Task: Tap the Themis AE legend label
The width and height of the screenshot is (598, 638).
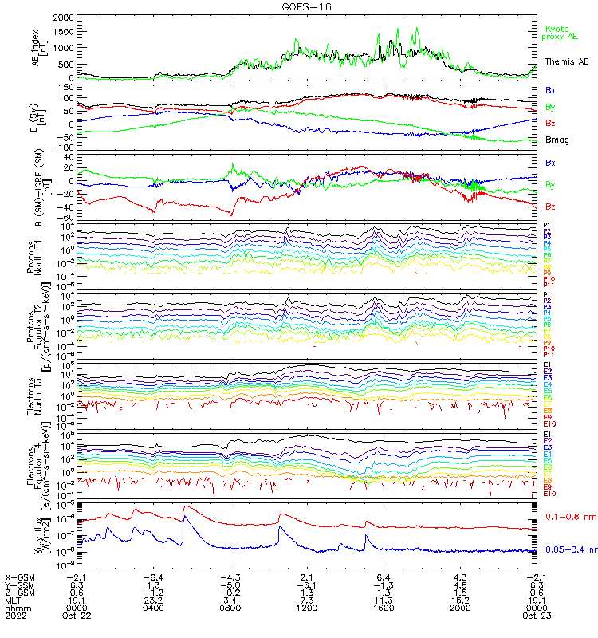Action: point(567,61)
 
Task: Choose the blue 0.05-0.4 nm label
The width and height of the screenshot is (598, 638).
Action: point(572,549)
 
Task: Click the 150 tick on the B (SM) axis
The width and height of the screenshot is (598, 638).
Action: point(66,85)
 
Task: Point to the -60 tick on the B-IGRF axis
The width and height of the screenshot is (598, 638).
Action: point(66,217)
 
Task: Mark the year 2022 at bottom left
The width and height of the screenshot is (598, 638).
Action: point(15,615)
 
